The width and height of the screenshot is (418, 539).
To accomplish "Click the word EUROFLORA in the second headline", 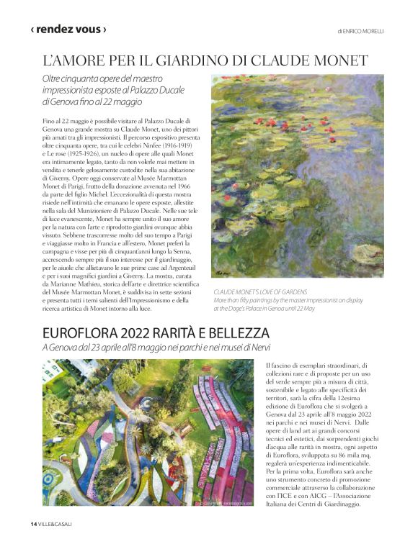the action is point(86,333).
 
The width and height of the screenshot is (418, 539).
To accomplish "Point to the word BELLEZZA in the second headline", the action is point(236,333).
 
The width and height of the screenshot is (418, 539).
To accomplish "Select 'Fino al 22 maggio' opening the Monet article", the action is point(72,119).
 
